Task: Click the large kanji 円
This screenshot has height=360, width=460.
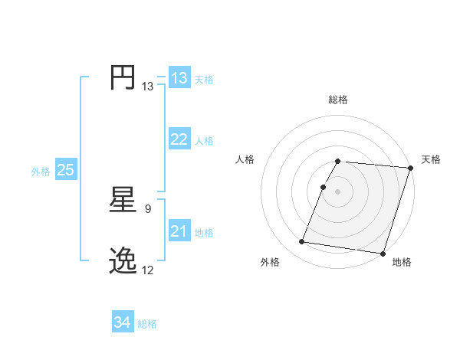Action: point(123,78)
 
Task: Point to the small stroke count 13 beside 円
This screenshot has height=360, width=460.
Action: point(148,87)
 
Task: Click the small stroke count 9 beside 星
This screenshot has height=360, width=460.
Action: point(147,208)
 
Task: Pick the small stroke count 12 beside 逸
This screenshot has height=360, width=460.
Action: point(148,270)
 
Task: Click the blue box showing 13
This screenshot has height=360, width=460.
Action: point(179,78)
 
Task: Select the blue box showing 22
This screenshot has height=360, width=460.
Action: point(179,139)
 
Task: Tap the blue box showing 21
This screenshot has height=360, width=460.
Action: point(179,231)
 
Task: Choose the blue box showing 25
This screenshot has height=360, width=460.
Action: point(66,170)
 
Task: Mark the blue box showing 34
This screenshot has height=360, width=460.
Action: point(122,322)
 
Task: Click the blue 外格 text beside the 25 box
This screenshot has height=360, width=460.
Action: point(41,172)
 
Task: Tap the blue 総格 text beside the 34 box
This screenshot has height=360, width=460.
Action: point(147,324)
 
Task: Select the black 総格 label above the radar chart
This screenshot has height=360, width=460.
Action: point(338,100)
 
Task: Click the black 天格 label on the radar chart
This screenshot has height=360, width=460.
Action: point(432,159)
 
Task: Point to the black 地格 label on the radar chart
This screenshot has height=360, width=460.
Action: point(402,263)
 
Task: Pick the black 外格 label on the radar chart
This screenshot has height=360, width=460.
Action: point(270,263)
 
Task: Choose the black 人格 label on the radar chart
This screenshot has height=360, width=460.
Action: point(245,159)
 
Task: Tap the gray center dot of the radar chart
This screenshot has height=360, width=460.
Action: point(338,191)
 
